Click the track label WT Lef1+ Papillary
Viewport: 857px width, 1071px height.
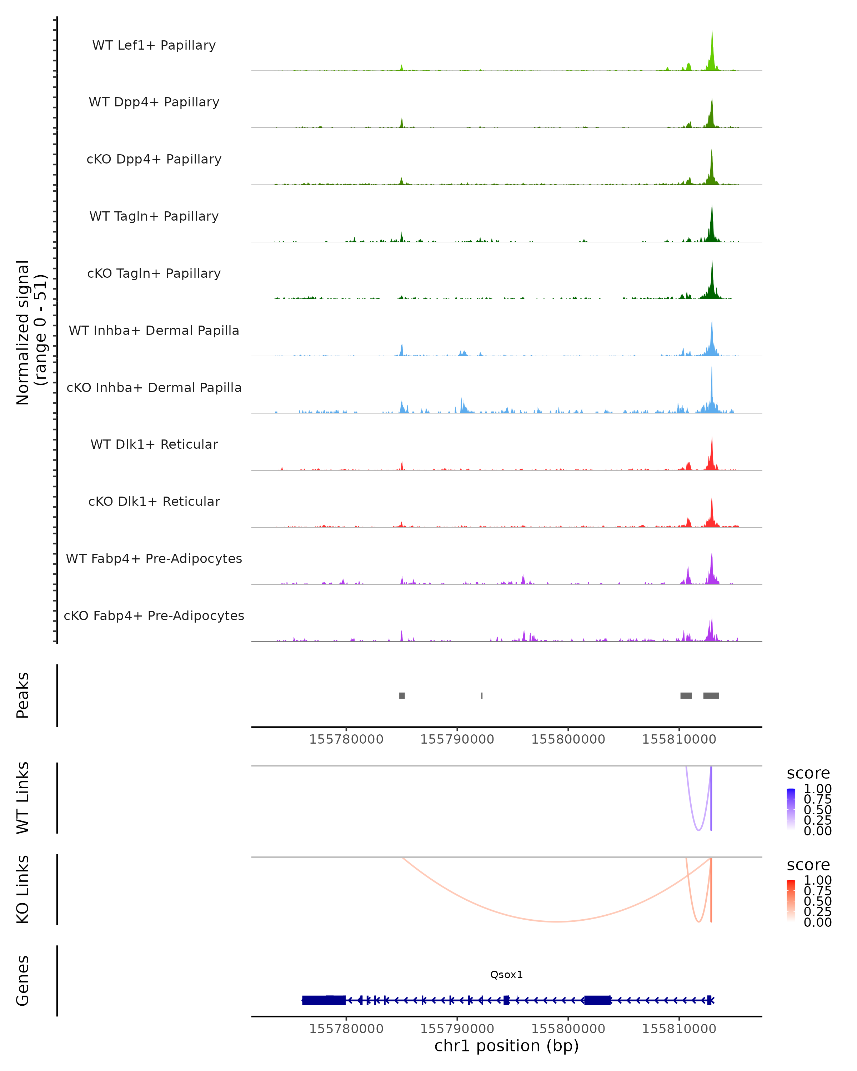click(154, 45)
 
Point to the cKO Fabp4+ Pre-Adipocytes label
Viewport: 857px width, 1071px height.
click(154, 615)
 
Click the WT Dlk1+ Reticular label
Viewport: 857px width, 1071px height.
click(154, 444)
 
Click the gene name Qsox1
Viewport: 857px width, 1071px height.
click(506, 975)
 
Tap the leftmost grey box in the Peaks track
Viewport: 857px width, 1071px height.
click(402, 695)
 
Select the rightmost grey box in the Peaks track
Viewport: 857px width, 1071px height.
click(711, 695)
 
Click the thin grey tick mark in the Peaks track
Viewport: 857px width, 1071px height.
click(482, 695)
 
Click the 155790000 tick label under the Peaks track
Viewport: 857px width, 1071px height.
click(457, 740)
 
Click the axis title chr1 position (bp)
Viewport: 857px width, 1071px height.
click(506, 1046)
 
